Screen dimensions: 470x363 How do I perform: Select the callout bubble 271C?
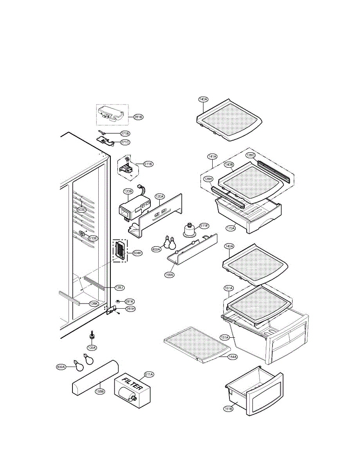(x=125, y=142)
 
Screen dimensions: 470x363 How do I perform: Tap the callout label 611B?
(x=148, y=164)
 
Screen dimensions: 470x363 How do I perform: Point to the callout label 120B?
(x=128, y=192)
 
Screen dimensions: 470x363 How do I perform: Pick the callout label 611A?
(x=149, y=374)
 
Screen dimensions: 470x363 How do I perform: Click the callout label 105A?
(x=92, y=347)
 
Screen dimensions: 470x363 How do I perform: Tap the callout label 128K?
(x=93, y=303)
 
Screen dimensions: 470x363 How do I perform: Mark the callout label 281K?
(x=130, y=301)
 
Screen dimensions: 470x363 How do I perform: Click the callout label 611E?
(x=204, y=226)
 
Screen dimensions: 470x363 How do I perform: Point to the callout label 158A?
(x=169, y=275)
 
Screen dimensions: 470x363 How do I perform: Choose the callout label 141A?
(x=212, y=157)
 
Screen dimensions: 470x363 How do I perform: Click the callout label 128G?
(x=251, y=155)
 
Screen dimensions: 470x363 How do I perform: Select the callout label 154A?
(x=233, y=357)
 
